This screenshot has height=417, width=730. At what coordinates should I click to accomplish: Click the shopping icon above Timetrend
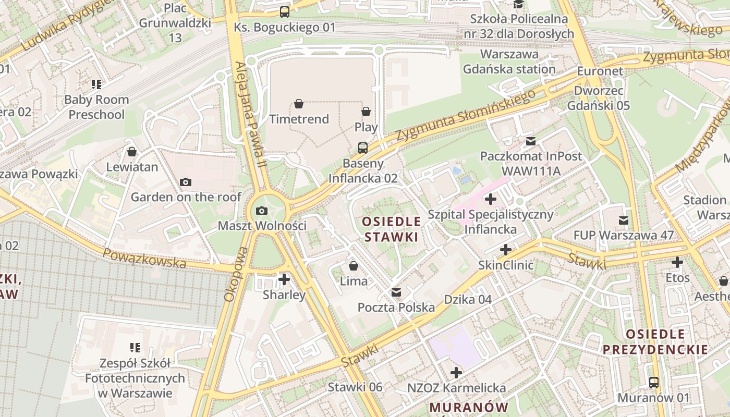point(299,104)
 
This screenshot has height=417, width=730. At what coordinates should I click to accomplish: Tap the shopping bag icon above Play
point(366,112)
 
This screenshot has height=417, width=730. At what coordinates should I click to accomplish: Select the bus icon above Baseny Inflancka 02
point(362,148)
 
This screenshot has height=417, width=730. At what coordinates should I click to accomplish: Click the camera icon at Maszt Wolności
point(262,211)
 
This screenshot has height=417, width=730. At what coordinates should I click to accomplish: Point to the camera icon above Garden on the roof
point(185,182)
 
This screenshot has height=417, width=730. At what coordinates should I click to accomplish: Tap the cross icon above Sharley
point(284,279)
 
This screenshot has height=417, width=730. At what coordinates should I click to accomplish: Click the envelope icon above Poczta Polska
point(396,292)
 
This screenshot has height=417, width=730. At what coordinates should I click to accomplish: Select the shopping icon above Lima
point(354,266)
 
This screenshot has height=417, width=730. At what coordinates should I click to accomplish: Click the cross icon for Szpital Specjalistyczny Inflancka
point(491,199)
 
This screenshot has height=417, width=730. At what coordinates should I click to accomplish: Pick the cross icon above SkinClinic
point(506,250)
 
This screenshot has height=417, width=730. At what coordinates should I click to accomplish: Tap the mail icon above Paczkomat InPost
point(531,141)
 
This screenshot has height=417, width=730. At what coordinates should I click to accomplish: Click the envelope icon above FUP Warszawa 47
point(623,220)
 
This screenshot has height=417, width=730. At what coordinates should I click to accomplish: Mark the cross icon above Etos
point(677,262)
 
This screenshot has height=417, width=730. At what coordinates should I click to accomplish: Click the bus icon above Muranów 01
point(654,383)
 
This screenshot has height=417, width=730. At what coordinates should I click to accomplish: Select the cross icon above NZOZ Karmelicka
point(456,373)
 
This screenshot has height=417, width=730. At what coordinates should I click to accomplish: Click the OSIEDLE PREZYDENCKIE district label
point(655,342)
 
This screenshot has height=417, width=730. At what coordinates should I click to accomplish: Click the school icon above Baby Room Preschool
point(96,84)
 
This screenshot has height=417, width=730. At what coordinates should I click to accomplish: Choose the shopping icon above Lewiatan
point(132,152)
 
